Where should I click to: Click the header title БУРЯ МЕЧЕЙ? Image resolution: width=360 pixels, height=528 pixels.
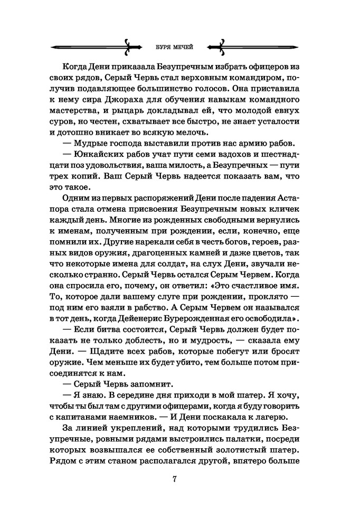173,46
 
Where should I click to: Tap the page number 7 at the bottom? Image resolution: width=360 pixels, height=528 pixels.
175,479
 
